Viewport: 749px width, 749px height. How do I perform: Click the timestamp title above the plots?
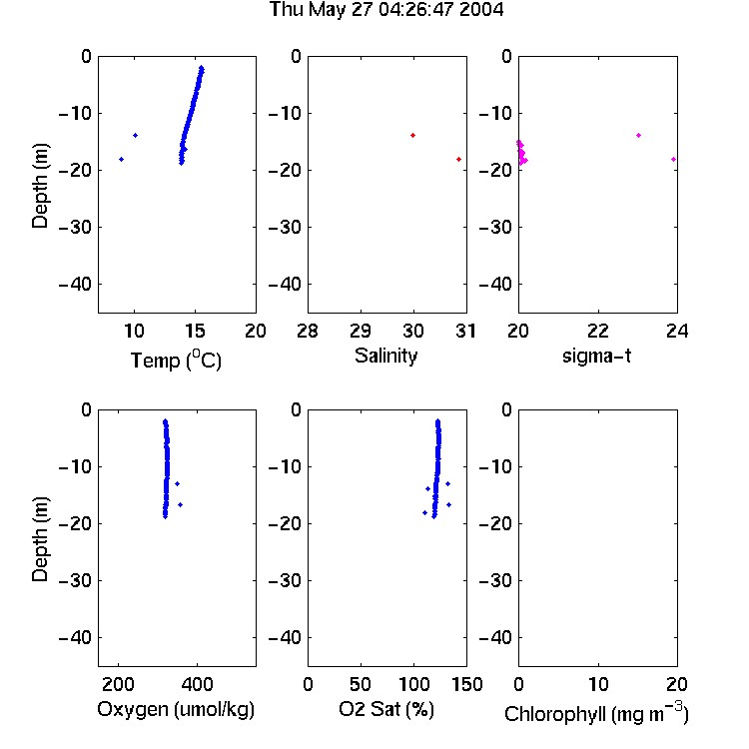pos(385,9)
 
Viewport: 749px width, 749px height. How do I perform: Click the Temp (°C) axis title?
pos(176,360)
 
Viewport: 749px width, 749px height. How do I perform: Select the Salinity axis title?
pos(385,356)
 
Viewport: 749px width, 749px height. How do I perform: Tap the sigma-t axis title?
pos(596,356)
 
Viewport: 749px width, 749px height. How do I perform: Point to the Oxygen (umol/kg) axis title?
pos(176,709)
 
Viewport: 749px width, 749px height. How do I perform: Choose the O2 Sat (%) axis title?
pos(385,709)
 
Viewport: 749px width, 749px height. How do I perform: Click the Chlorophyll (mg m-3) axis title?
pos(596,712)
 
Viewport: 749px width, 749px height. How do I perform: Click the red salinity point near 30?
pos(412,135)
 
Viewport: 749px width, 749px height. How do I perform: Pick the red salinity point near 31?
pos(458,159)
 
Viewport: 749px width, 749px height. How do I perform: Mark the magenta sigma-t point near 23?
pos(639,135)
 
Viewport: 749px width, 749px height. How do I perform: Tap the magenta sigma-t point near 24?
pos(673,159)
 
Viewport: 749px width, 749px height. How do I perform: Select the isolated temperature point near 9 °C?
pos(121,159)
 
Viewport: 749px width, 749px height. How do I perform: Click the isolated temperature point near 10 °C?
pos(135,135)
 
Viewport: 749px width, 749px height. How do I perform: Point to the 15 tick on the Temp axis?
pos(195,331)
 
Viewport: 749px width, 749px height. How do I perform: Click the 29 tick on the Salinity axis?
pos(361,331)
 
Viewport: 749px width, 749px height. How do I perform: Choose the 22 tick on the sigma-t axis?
pos(598,331)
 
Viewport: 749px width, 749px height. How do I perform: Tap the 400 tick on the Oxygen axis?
pos(197,684)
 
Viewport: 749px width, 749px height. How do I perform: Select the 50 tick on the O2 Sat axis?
pos(361,684)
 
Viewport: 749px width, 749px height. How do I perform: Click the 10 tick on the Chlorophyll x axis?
pos(598,684)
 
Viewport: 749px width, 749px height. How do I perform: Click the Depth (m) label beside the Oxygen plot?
pos(40,539)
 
